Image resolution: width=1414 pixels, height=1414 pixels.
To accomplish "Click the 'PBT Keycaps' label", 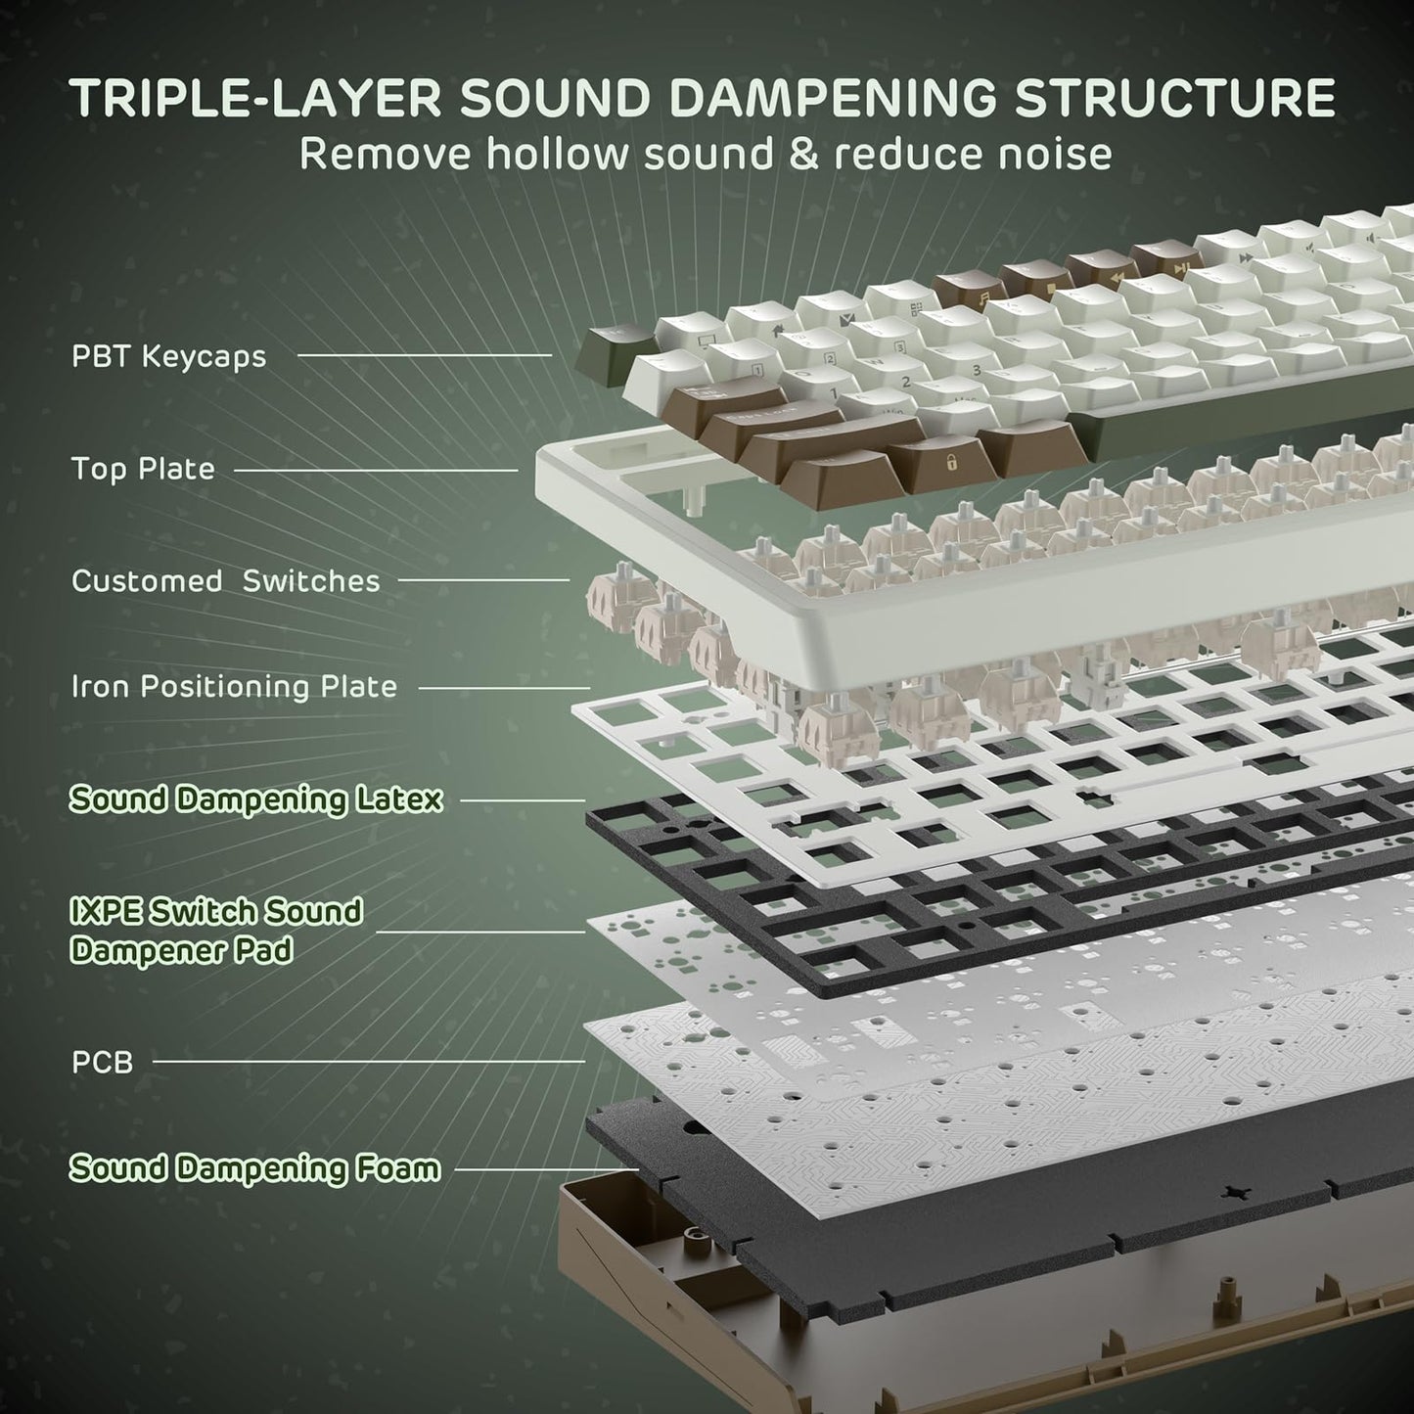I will [x=168, y=356].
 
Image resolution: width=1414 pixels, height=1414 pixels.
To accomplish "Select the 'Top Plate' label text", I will [x=143, y=469].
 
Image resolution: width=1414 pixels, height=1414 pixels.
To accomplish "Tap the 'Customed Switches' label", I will [x=225, y=580].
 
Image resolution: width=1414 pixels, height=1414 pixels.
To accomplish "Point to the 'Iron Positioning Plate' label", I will [x=234, y=687].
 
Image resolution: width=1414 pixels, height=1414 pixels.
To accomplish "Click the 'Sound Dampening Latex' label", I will [x=255, y=799].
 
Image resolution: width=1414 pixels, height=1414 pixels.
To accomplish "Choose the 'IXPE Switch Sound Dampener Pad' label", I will [x=215, y=931].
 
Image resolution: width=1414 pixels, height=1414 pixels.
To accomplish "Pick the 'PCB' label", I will [x=102, y=1062].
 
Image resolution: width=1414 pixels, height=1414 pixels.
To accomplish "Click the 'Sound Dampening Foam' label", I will [x=254, y=1167].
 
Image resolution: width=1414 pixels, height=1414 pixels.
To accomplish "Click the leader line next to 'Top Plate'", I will [x=376, y=470].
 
